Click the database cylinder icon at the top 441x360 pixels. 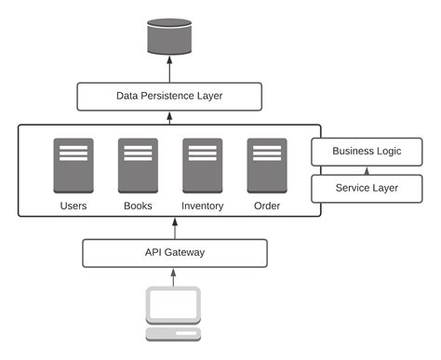(169, 36)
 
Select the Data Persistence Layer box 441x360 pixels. (169, 96)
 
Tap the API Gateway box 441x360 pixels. (175, 252)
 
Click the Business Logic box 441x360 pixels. (366, 151)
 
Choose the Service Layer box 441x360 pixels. (366, 188)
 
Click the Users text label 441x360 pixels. (73, 206)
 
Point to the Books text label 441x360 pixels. (138, 206)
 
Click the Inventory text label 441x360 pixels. (202, 206)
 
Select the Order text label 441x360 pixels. (266, 206)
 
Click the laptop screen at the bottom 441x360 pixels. (174, 304)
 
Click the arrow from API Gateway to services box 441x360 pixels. (174, 229)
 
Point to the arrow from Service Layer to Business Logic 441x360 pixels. (366, 169)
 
